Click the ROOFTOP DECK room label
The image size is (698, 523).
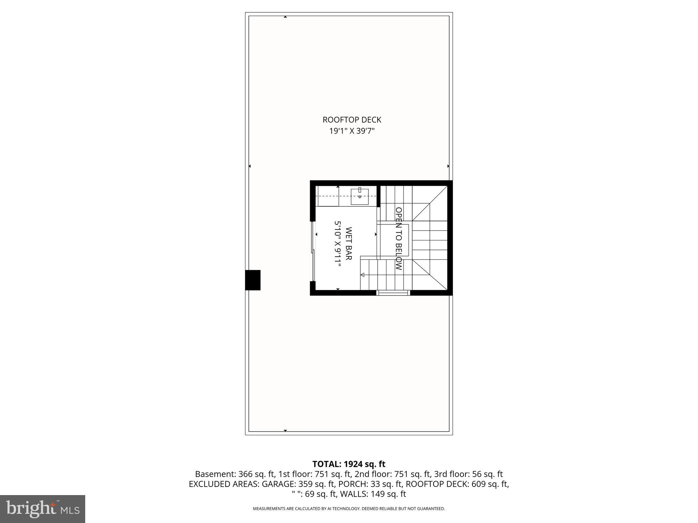(352, 120)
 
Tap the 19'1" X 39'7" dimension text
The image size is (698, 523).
(352, 131)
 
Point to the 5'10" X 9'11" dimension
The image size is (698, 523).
(338, 243)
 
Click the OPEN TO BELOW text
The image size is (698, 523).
(398, 239)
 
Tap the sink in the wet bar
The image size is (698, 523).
(360, 196)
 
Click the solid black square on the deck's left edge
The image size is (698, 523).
(253, 280)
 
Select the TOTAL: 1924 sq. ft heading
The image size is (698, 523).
(349, 464)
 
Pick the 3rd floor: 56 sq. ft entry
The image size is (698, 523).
(468, 474)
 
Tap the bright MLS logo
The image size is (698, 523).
(43, 509)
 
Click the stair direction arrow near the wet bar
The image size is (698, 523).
(362, 275)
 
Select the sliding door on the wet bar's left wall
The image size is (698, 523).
(313, 252)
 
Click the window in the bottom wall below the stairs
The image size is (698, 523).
(393, 292)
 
